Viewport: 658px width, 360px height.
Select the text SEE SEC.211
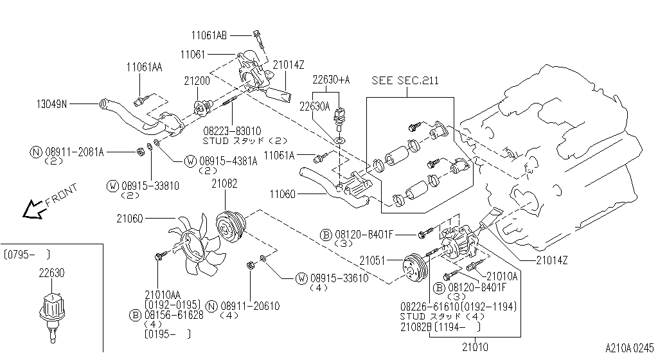click(405, 80)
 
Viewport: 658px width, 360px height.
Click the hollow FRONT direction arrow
click(30, 210)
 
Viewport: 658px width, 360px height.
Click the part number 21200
click(197, 82)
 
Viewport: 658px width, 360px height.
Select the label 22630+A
click(332, 80)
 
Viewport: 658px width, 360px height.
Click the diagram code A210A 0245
click(629, 347)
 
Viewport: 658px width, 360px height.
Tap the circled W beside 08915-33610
click(301, 278)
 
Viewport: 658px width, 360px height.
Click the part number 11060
click(282, 194)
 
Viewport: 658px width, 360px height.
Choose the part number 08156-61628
click(173, 315)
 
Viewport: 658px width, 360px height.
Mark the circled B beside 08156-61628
click(135, 315)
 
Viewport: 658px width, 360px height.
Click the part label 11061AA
click(144, 66)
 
